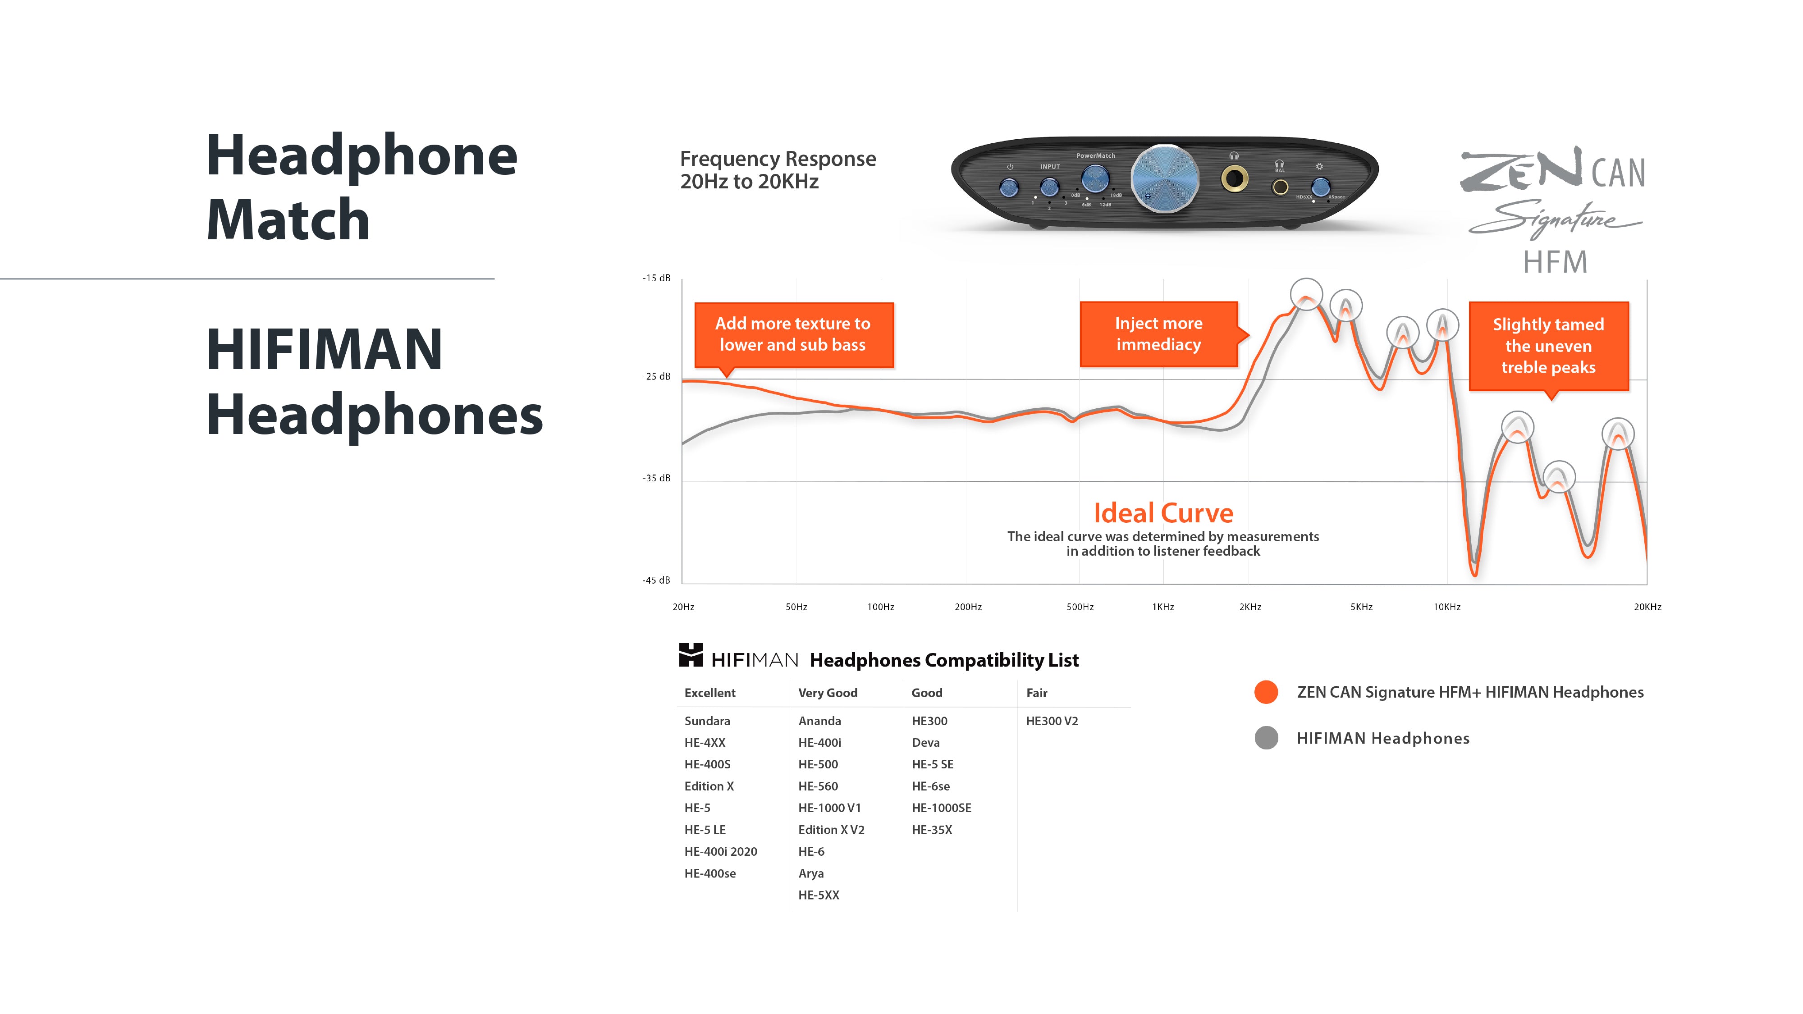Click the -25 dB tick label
[657, 376]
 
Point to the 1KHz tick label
[1163, 607]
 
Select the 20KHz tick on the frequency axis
[1647, 607]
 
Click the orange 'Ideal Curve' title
[1163, 513]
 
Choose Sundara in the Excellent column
[707, 721]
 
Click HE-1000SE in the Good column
[942, 808]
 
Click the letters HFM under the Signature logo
[1555, 262]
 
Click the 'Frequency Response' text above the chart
[778, 160]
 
